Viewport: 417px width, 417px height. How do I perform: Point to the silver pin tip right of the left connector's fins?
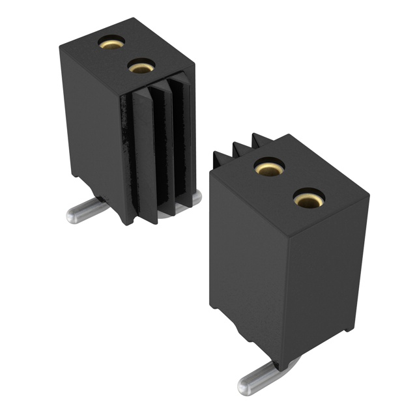coord(197,195)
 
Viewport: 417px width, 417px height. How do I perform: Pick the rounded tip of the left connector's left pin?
coord(70,215)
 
